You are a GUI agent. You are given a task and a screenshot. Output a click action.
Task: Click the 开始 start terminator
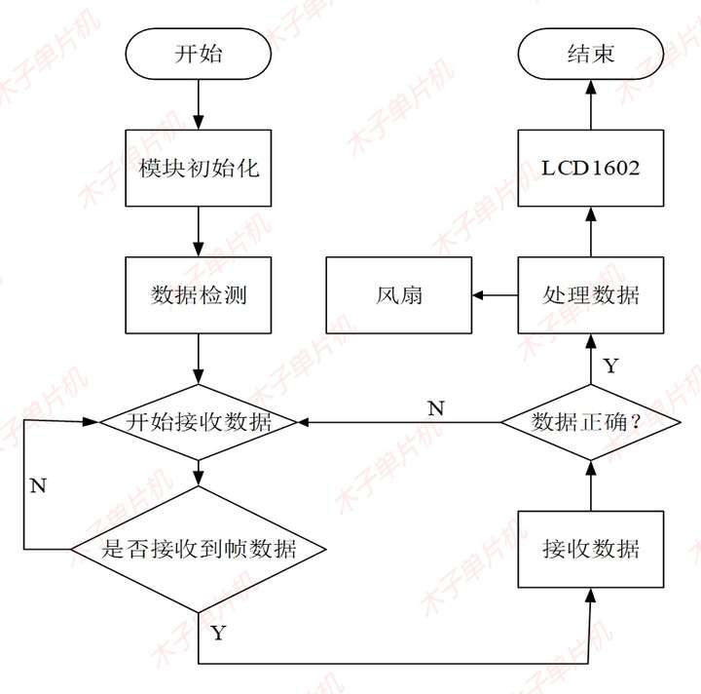199,54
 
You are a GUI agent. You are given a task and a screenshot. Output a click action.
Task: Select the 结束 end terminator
590,54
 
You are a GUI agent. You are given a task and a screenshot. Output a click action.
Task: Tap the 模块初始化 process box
199,168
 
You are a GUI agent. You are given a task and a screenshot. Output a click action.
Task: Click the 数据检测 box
199,294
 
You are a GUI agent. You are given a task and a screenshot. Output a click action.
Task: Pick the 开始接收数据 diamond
199,422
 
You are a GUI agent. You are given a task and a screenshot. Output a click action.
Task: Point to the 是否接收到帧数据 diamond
199,549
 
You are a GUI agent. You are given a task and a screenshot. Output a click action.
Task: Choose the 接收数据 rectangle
590,549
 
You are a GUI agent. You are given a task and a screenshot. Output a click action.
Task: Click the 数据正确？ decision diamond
590,422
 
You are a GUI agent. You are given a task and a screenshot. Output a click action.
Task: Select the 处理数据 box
590,294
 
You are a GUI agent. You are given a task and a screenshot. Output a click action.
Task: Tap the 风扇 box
399,294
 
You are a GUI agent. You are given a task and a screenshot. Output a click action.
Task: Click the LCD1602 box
590,168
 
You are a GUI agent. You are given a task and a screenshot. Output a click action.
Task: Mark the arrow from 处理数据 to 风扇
494,294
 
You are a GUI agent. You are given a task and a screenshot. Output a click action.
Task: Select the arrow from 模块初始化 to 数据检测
199,231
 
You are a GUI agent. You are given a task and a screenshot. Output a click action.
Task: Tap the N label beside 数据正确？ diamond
436,408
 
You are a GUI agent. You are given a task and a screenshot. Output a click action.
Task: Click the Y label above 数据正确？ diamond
610,366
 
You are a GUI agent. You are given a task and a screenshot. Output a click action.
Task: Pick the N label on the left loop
38,485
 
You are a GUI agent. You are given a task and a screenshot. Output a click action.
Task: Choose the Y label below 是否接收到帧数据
218,633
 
